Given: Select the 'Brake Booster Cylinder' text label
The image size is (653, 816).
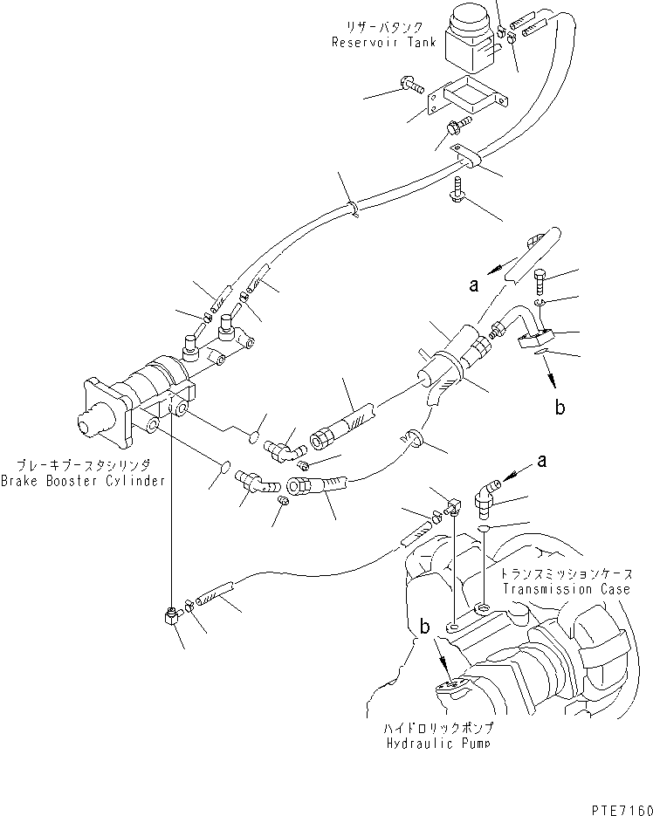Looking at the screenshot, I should coord(83,481).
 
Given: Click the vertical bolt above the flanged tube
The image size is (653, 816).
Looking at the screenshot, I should coord(538,280).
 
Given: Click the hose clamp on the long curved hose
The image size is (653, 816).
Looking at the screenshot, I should coord(353,209).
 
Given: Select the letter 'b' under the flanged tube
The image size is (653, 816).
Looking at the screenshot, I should coord(560,406).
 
